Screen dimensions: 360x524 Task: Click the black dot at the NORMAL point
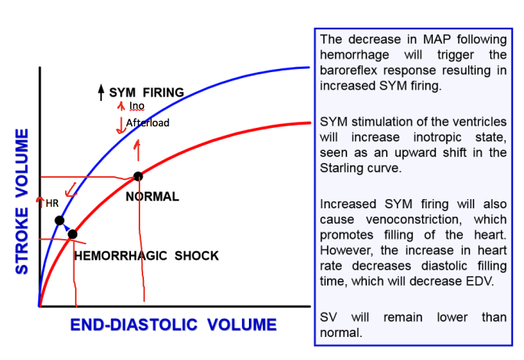(x=138, y=176)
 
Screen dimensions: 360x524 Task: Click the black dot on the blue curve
(x=59, y=221)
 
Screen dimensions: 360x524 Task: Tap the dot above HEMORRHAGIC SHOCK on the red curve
(x=73, y=234)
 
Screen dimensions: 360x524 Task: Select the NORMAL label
(x=152, y=197)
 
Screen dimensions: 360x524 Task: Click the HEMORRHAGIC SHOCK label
(x=146, y=256)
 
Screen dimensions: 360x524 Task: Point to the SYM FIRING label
(x=146, y=93)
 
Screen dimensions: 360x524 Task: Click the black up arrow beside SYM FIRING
(x=101, y=93)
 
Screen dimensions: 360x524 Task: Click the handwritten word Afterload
(x=147, y=123)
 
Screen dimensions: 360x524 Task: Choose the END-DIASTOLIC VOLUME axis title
(x=173, y=325)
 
